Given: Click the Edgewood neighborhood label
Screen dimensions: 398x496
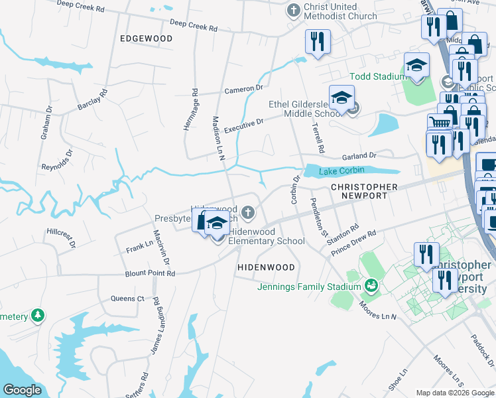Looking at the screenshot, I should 146,38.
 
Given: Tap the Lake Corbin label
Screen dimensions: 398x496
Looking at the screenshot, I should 341,172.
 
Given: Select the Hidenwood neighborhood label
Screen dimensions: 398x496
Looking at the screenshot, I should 266,267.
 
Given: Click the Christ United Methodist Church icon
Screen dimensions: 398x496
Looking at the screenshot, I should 293,11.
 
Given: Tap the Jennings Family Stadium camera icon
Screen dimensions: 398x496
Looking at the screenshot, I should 371,287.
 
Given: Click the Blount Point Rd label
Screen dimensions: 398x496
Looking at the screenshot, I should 150,273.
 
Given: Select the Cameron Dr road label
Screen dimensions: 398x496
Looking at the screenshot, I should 244,89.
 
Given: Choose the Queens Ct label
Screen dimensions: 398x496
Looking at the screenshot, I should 127,298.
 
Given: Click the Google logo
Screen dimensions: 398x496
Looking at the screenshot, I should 22,390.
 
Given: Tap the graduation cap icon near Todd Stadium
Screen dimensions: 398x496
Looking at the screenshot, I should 417,66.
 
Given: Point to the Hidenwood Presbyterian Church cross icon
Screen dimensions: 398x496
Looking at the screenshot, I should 248,212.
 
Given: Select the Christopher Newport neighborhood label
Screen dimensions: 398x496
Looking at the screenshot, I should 364,192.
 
